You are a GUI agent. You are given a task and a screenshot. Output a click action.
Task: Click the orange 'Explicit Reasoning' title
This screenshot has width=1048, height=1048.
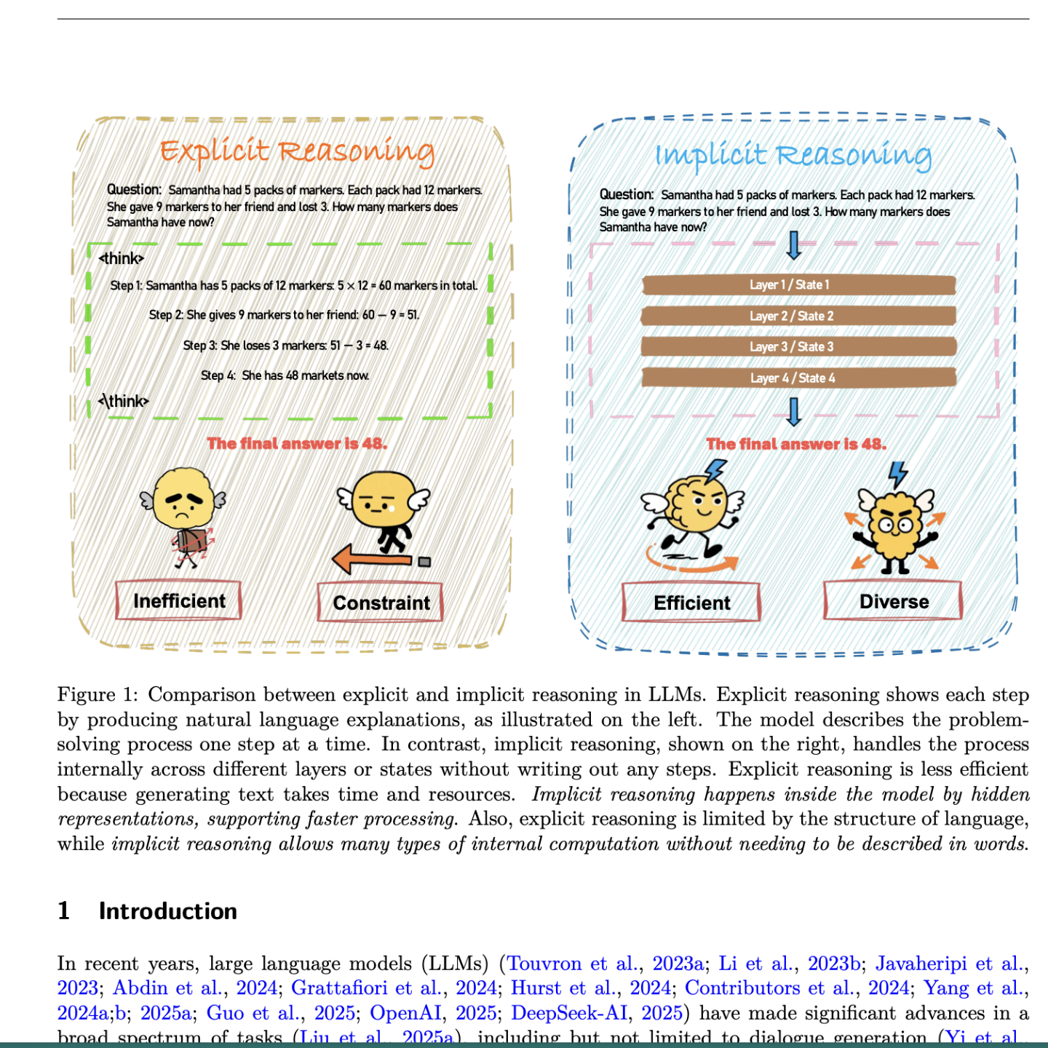coord(297,151)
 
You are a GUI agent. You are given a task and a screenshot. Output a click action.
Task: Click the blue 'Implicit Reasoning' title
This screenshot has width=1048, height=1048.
coord(793,155)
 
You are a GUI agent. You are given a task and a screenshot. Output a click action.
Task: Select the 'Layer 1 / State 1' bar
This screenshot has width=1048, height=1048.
coord(798,285)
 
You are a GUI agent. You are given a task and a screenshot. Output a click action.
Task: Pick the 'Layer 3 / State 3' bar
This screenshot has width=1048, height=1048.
coord(798,346)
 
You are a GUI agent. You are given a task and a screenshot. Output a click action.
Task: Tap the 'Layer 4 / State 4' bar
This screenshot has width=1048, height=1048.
coord(798,378)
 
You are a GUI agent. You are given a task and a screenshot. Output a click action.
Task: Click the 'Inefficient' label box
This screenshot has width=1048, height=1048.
coord(179,601)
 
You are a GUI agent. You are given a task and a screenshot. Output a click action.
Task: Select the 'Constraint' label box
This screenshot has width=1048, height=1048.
coord(381,603)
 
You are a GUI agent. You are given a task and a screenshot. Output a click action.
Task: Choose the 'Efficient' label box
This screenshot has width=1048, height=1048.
coord(691,603)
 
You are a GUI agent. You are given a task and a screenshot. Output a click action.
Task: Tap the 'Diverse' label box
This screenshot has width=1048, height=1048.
coord(893,601)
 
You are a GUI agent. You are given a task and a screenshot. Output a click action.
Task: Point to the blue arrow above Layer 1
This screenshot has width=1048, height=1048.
coord(794,245)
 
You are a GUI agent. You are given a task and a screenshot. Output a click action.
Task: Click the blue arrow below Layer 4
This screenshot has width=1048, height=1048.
coord(794,412)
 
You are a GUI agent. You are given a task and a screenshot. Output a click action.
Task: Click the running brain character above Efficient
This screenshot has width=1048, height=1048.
coord(691,509)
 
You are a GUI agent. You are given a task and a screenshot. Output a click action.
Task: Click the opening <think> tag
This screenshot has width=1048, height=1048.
coord(122,258)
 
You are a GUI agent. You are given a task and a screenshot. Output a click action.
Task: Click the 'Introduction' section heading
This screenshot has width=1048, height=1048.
coord(167,911)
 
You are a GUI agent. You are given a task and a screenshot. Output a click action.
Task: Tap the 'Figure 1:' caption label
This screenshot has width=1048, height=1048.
coord(98,695)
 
